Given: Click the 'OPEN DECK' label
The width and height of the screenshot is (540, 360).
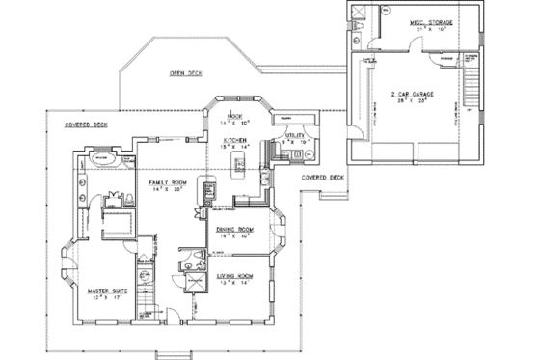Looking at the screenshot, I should coord(184,73).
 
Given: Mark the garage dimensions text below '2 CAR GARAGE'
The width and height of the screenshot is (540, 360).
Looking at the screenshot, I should coord(412,101).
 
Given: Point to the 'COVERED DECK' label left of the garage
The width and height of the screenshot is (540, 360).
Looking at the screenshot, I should coord(321,179).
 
